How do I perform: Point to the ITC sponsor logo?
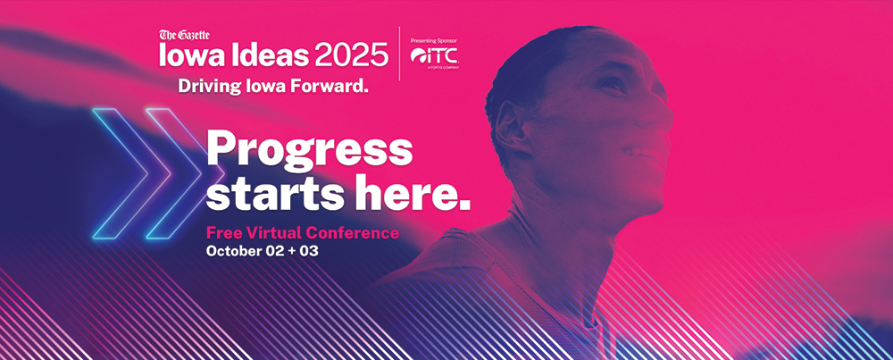coord(434,55)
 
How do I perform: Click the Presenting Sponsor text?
coord(433,41)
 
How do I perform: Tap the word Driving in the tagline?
coord(206,87)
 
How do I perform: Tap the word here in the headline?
coord(411,194)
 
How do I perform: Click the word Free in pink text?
coord(220,232)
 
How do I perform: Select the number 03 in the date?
coord(309,251)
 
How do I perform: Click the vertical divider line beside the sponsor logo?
coord(399,54)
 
